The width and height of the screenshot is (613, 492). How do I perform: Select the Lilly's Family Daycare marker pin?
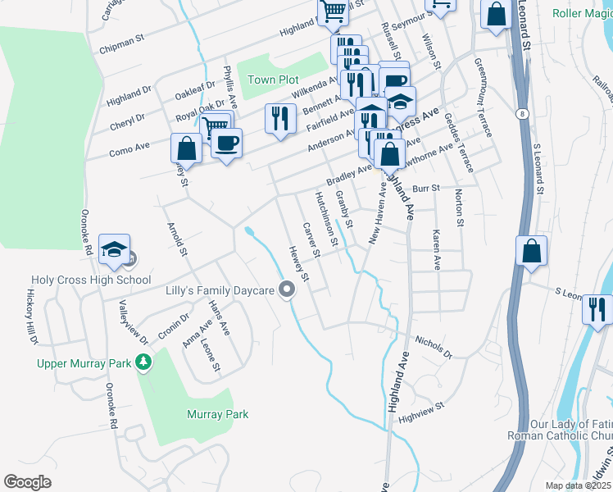tap(286, 289)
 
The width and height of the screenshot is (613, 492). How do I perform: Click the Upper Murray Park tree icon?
tap(144, 362)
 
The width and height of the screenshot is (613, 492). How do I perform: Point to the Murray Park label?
tap(217, 415)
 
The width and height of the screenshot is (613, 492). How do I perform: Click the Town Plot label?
tap(274, 80)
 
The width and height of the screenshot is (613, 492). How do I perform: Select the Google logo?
tap(27, 482)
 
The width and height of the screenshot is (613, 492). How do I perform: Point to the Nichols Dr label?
tap(434, 346)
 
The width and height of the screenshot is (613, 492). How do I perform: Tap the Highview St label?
tap(420, 411)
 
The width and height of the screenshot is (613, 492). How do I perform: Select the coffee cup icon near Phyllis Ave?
tap(226, 143)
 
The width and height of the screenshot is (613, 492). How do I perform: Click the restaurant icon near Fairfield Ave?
tap(280, 118)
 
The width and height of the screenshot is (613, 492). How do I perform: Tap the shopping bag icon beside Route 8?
tap(532, 252)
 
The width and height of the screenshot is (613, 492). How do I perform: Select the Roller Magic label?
tap(581, 13)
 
